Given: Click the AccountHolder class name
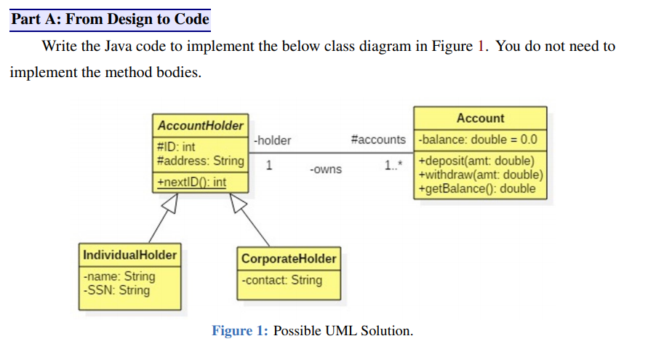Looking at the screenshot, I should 200,126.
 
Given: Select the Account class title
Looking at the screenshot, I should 480,119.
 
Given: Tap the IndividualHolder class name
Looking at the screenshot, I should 129,255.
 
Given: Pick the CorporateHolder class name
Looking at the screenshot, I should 289,259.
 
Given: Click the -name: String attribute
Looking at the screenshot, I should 119,276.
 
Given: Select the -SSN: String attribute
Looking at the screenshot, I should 116,290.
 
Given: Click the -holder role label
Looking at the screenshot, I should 272,140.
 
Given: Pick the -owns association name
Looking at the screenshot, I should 325,169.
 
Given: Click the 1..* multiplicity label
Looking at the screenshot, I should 392,165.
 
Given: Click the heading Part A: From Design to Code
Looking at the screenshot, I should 111,19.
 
